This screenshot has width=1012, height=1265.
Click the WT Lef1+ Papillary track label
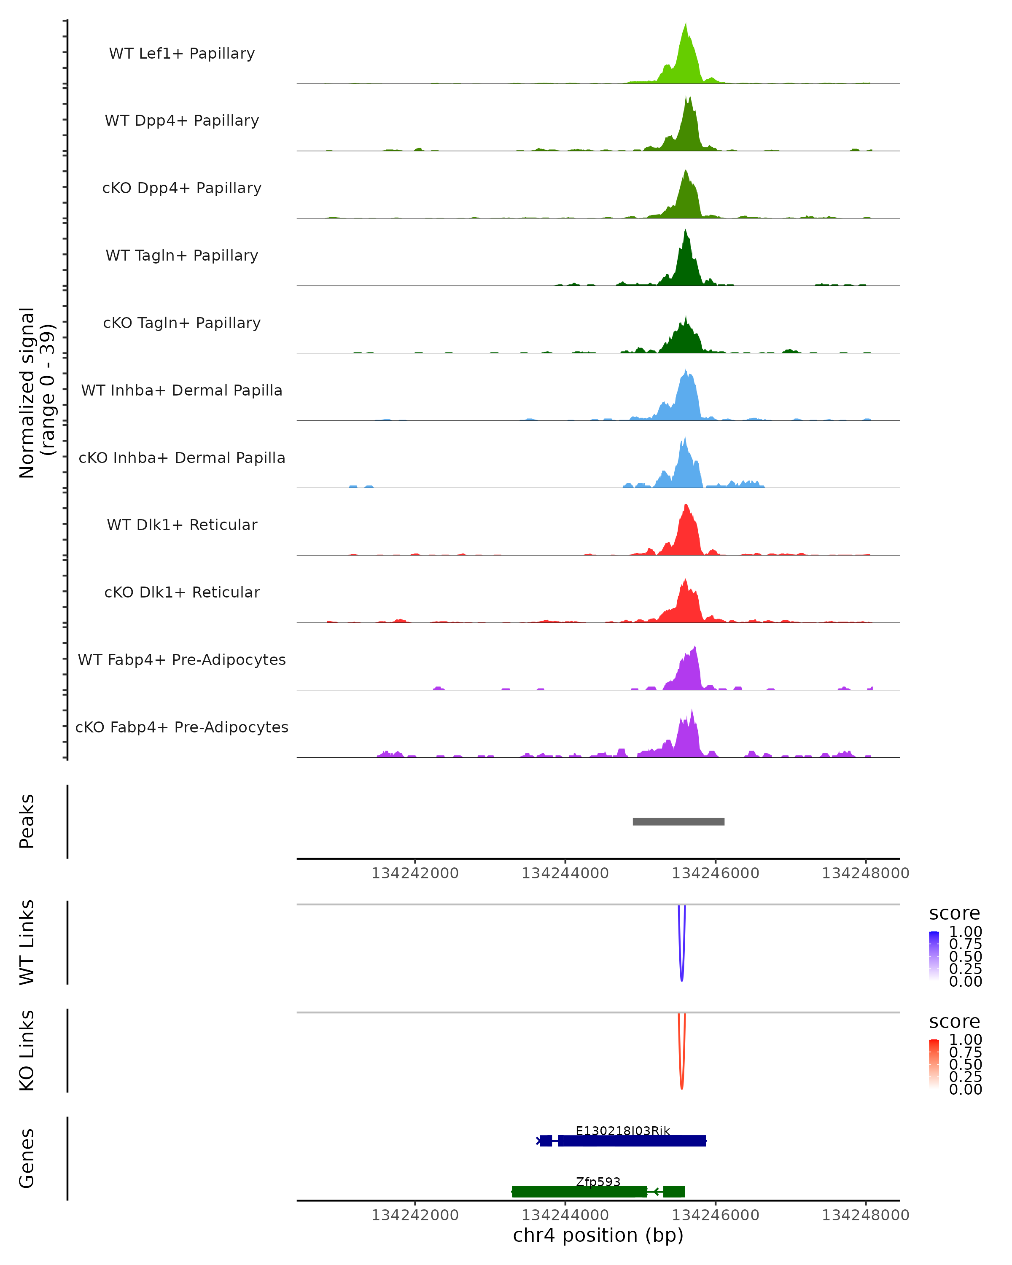coord(182,54)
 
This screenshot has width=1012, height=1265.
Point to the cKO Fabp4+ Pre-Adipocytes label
coord(182,727)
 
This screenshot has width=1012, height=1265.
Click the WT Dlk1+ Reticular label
coord(182,525)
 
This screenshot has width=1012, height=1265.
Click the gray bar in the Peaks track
coord(678,821)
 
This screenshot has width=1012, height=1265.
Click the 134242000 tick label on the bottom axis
coord(415,1215)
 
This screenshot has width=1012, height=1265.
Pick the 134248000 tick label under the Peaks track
coord(865,873)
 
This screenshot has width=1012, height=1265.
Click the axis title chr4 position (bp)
coord(598,1235)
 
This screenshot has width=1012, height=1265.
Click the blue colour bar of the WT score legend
coord(934,956)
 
